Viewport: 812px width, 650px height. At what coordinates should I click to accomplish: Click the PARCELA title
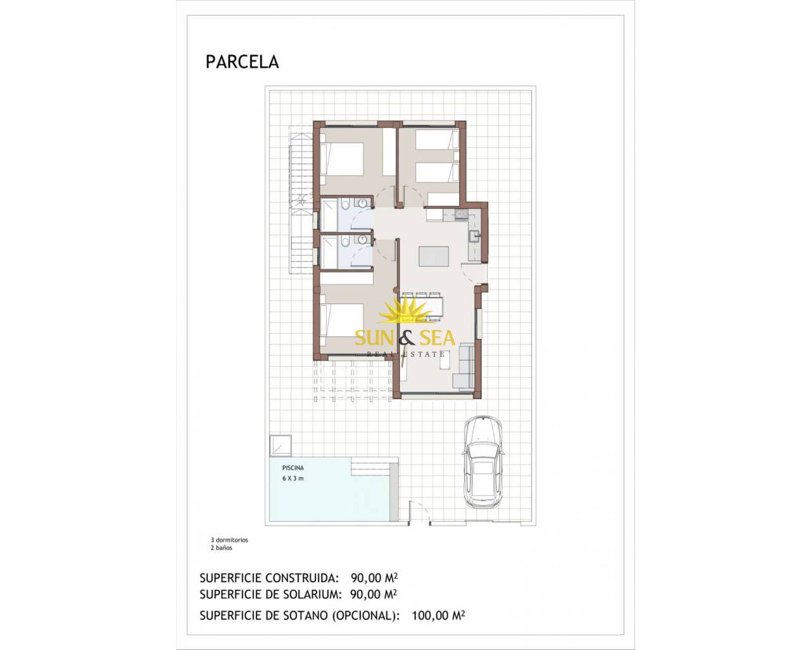242,62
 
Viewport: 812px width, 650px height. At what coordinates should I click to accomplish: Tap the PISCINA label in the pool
293,468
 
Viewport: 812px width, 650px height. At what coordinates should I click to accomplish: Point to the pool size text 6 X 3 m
293,479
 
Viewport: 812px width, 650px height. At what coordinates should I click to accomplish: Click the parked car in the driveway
483,461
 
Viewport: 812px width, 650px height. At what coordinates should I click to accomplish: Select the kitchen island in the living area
433,256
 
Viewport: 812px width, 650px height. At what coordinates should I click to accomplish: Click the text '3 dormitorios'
230,540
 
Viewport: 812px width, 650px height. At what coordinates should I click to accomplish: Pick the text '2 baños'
221,548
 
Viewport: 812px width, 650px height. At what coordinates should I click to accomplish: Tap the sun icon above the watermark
405,310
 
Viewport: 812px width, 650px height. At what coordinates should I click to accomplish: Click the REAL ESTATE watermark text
405,354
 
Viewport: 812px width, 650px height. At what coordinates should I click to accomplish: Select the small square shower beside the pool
280,446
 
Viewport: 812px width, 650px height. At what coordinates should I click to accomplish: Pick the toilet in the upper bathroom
344,205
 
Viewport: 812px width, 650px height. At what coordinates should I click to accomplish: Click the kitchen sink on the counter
474,236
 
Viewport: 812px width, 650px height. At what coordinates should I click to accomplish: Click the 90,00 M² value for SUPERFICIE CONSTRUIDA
374,578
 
